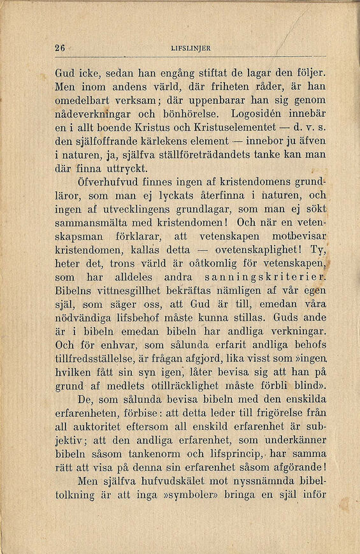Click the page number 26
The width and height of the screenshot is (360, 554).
point(61,48)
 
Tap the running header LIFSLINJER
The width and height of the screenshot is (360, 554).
point(191,48)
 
